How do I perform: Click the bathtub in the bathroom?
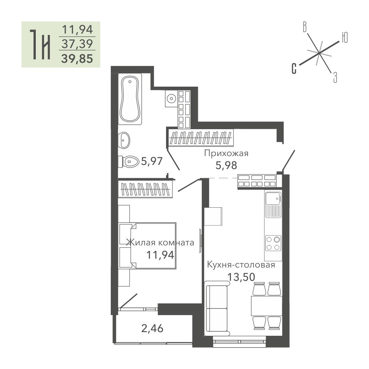click(130, 99)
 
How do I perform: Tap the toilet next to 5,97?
click(129, 162)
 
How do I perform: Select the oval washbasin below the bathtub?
click(124, 140)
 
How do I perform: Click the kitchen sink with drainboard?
click(273, 204)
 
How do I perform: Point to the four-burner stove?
click(273, 243)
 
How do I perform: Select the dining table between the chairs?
click(266, 306)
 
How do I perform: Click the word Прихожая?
click(226, 154)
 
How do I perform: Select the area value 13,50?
click(241, 277)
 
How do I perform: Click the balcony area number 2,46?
click(152, 328)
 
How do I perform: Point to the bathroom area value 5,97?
click(152, 162)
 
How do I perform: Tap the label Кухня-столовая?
click(241, 265)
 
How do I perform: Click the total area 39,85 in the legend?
click(77, 59)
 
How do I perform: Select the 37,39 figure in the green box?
click(77, 44)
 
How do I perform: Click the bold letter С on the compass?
click(294, 69)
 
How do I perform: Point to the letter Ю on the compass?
click(345, 37)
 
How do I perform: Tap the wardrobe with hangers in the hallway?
click(201, 138)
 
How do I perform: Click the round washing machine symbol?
click(171, 99)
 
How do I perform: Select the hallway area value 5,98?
click(226, 165)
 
